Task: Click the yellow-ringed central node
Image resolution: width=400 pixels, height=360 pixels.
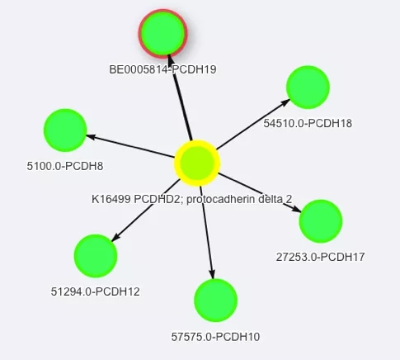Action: tap(197, 163)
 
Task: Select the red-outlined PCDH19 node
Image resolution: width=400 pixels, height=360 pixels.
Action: tap(162, 34)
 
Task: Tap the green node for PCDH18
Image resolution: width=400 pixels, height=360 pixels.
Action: tap(308, 87)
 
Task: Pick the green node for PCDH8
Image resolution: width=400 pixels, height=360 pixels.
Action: tap(65, 130)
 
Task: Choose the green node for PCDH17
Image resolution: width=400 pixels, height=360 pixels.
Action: tap(321, 221)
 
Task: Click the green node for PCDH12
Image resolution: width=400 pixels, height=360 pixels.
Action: tap(96, 256)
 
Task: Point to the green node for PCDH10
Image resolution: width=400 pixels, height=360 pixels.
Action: tap(216, 301)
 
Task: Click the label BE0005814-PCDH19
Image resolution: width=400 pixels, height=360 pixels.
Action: tap(162, 69)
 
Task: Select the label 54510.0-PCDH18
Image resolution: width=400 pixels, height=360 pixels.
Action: tap(308, 123)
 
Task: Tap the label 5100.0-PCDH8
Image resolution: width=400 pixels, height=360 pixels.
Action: tap(65, 166)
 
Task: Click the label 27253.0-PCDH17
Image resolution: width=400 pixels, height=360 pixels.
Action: tap(320, 257)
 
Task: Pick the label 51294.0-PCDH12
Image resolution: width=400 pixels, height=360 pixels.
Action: tap(96, 291)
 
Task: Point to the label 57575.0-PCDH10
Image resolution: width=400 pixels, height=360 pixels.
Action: tap(215, 337)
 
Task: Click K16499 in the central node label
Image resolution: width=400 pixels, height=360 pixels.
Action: tap(111, 199)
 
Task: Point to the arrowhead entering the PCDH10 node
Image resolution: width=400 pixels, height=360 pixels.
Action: tap(212, 274)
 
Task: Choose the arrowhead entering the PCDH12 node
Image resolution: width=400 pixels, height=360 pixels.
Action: tap(115, 238)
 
